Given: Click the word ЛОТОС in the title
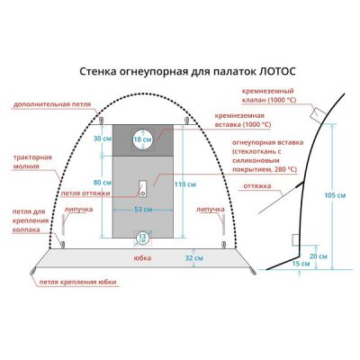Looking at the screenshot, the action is tap(276, 72).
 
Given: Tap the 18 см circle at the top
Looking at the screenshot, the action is tap(143, 139).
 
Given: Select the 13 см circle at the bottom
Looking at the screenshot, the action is tap(142, 238).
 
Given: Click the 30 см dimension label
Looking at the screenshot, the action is tap(103, 139).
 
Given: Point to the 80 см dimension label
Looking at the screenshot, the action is tap(103, 183).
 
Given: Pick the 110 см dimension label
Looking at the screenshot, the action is tap(185, 184).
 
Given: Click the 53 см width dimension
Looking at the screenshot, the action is tap(143, 210).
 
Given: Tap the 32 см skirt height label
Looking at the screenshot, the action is tap(193, 257).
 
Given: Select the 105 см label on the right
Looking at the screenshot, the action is tap(335, 195).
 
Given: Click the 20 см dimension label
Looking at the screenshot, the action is tap(319, 256).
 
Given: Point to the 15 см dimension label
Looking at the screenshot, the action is tap(301, 264).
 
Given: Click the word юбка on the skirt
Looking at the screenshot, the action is tap(142, 257).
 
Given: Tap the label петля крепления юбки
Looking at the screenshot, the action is tap(78, 283).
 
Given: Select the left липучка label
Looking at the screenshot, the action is tap(80, 209).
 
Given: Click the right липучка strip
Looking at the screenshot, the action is tap(223, 225).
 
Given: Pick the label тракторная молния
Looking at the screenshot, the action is tap(32, 162).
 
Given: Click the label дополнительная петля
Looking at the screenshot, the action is tap(52, 104).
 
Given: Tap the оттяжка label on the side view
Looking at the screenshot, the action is tap(257, 186).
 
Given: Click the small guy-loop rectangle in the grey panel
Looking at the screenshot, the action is tap(143, 189).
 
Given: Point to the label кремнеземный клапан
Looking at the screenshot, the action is tap(269, 95).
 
